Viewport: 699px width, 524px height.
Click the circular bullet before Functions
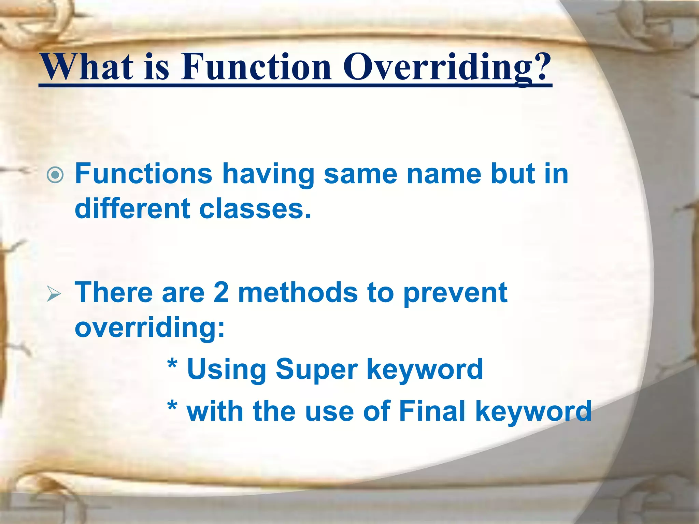click(x=55, y=175)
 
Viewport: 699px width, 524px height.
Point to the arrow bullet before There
click(x=54, y=294)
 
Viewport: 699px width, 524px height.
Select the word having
click(x=268, y=175)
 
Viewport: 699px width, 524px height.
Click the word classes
click(x=255, y=209)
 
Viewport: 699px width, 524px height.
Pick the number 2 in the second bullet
click(x=221, y=293)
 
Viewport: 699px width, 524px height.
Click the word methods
click(x=298, y=293)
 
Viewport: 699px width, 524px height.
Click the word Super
click(x=316, y=370)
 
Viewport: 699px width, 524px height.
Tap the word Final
click(x=432, y=411)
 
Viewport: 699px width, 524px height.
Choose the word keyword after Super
click(x=425, y=370)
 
